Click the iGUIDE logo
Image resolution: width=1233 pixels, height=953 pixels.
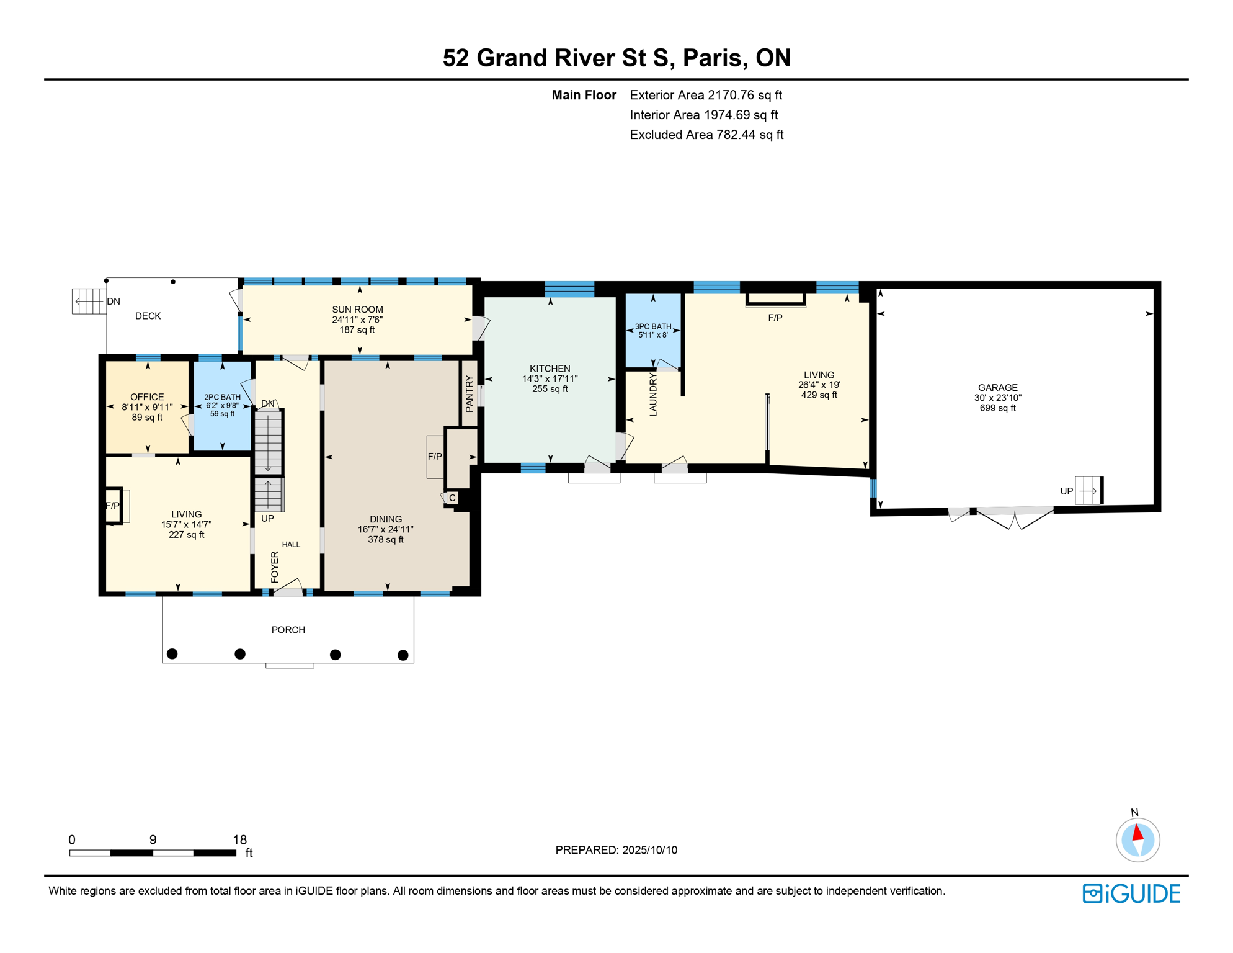1131,893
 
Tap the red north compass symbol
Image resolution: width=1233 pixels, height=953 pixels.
1137,840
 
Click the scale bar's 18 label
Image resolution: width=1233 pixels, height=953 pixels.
239,839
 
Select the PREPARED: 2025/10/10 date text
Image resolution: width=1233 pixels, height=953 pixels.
616,850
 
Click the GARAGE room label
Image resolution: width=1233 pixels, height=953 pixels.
997,387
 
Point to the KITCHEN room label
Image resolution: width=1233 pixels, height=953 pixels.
550,369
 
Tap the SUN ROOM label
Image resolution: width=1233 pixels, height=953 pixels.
357,310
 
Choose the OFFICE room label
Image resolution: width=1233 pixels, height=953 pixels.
147,397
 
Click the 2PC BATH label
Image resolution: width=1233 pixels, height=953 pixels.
222,397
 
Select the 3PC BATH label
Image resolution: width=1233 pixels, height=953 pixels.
653,326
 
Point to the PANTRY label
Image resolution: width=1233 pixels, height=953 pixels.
470,393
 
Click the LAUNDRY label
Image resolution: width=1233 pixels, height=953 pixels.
653,394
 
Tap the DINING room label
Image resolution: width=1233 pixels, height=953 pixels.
386,519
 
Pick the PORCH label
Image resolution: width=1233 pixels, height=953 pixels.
288,630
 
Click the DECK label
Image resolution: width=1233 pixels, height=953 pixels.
148,316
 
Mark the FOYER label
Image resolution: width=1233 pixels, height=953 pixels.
275,567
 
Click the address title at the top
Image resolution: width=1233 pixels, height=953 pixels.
616,58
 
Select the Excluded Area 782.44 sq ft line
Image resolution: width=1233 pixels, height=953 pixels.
706,135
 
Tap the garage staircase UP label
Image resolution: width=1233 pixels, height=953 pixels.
1066,491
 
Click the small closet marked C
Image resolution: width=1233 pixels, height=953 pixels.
453,498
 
